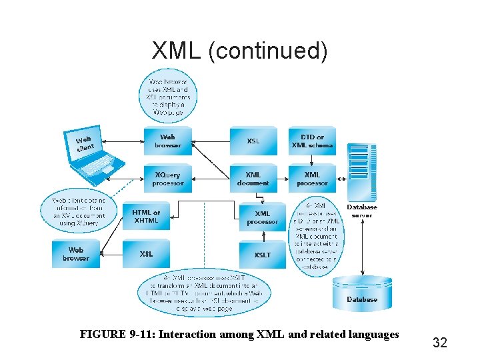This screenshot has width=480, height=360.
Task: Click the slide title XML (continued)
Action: (x=240, y=50)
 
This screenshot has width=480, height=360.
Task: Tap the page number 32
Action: (x=439, y=343)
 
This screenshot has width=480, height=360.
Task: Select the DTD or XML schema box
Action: (x=312, y=141)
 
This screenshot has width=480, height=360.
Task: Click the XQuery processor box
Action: (x=168, y=179)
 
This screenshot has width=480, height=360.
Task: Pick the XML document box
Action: (x=253, y=179)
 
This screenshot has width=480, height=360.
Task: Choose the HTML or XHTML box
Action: (x=146, y=217)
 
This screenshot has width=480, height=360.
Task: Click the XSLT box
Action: (x=262, y=255)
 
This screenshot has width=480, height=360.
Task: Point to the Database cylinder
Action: (x=362, y=293)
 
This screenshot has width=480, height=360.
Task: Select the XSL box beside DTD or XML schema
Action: (x=253, y=141)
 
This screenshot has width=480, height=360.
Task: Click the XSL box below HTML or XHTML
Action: (x=146, y=254)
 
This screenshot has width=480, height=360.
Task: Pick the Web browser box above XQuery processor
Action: (x=168, y=141)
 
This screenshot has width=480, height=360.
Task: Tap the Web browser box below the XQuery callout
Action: (x=76, y=254)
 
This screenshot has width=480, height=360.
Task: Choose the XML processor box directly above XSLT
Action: (x=262, y=217)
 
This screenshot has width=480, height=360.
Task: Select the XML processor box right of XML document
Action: (x=312, y=179)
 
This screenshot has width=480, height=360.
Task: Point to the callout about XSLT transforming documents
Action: (x=205, y=293)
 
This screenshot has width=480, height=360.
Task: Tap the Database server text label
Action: (x=361, y=211)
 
